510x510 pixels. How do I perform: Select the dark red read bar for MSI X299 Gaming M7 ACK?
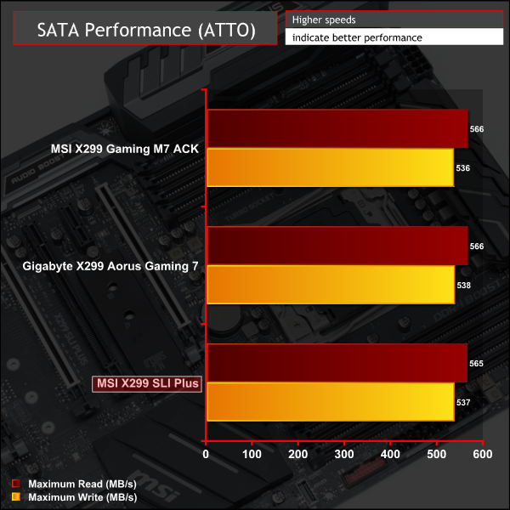point(336,129)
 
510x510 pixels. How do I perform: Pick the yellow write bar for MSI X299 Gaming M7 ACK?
point(330,167)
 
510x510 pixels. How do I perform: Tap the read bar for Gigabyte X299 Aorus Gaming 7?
point(336,246)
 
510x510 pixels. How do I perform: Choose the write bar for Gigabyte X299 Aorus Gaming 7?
point(330,285)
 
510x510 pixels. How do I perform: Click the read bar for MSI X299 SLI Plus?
point(336,363)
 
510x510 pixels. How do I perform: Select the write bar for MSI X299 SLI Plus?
point(330,402)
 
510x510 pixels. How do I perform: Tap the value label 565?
point(476,364)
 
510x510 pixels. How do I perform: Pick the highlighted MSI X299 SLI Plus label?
point(146,383)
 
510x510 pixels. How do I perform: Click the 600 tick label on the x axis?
point(482,454)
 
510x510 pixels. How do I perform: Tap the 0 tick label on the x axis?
point(206,454)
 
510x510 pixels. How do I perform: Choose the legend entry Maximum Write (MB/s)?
point(72,496)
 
